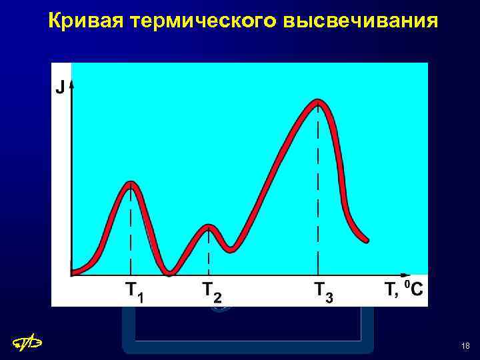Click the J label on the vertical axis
click(x=59, y=87)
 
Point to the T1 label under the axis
click(x=135, y=291)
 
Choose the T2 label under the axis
click(x=213, y=291)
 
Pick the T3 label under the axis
click(x=324, y=291)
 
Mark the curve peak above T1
click(x=131, y=185)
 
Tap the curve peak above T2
click(x=209, y=229)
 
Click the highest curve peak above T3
click(x=319, y=103)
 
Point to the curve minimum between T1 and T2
click(x=171, y=271)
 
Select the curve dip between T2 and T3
click(x=231, y=249)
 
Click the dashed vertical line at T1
click(x=131, y=233)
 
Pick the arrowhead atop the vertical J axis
click(x=71, y=83)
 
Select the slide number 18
click(x=465, y=346)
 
